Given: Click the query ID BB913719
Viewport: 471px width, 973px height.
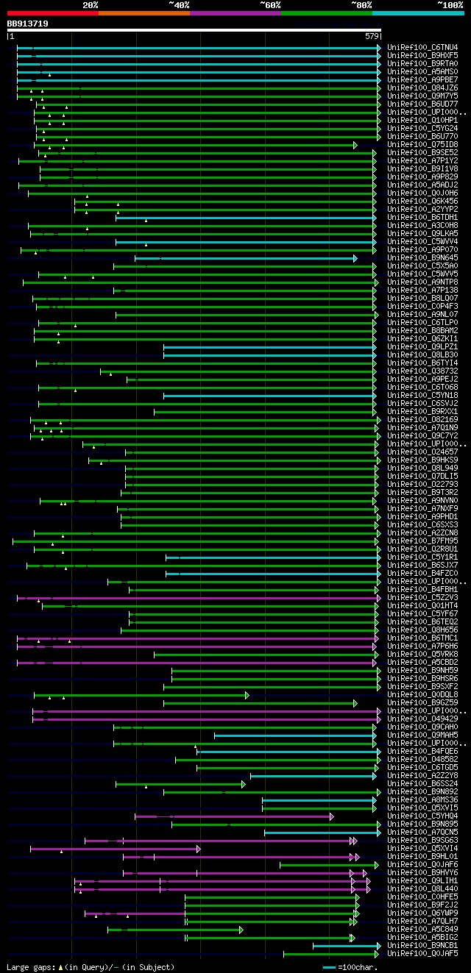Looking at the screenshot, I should [28, 24].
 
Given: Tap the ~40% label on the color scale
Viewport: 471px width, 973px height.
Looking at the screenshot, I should [179, 4].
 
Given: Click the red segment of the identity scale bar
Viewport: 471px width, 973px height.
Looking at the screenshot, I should [52, 13].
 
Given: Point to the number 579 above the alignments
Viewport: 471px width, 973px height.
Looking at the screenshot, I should [371, 36].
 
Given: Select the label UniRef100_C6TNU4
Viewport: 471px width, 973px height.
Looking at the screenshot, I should [422, 48].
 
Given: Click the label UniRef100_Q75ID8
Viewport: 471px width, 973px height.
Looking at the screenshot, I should [422, 145].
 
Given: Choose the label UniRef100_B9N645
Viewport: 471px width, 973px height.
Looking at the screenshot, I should [422, 258].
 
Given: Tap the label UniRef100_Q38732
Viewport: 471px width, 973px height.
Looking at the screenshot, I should [422, 371].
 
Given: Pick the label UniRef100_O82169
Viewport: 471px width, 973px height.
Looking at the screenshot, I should [422, 420].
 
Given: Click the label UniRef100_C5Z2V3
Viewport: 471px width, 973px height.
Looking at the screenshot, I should [422, 598].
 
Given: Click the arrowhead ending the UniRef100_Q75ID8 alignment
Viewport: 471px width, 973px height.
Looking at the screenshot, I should [355, 145].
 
